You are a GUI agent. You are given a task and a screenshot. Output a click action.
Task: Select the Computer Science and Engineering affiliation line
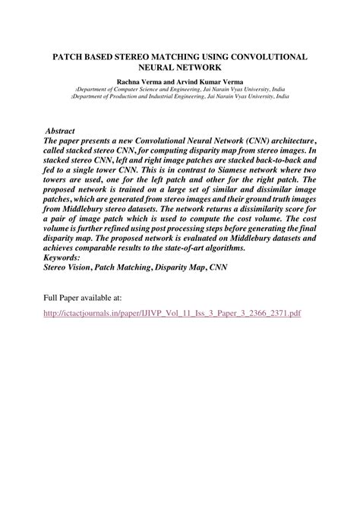[180, 90]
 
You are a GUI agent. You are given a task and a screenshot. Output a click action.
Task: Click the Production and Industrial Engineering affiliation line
[180, 97]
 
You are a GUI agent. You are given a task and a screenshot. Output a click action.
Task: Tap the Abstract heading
[61, 131]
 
